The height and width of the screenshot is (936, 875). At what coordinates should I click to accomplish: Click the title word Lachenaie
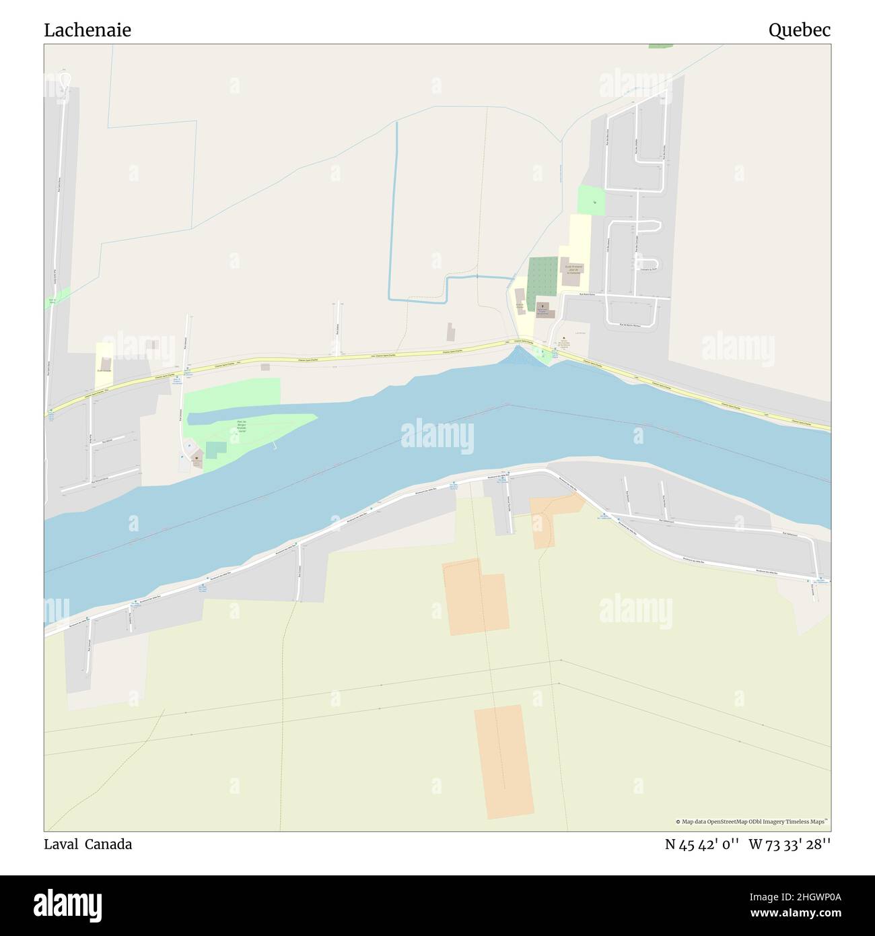click(87, 30)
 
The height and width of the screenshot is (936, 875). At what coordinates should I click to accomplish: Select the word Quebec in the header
click(800, 30)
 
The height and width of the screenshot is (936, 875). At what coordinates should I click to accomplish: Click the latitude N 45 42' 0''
click(703, 844)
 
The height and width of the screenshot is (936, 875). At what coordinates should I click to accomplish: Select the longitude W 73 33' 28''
click(790, 844)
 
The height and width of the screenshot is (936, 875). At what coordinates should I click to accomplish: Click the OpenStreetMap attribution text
click(752, 822)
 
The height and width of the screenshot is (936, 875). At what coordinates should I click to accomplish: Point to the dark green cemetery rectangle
click(542, 274)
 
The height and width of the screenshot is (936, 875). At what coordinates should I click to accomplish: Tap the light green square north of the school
click(591, 200)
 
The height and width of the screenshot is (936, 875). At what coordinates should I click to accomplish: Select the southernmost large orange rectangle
click(504, 762)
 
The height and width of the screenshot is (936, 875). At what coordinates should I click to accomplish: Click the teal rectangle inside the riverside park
click(215, 450)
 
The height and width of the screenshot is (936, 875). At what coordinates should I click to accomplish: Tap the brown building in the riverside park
click(197, 460)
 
